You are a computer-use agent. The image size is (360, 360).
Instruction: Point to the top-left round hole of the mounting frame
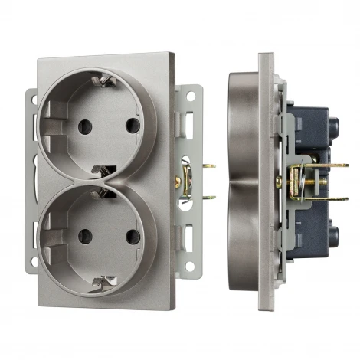pos(33,97)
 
